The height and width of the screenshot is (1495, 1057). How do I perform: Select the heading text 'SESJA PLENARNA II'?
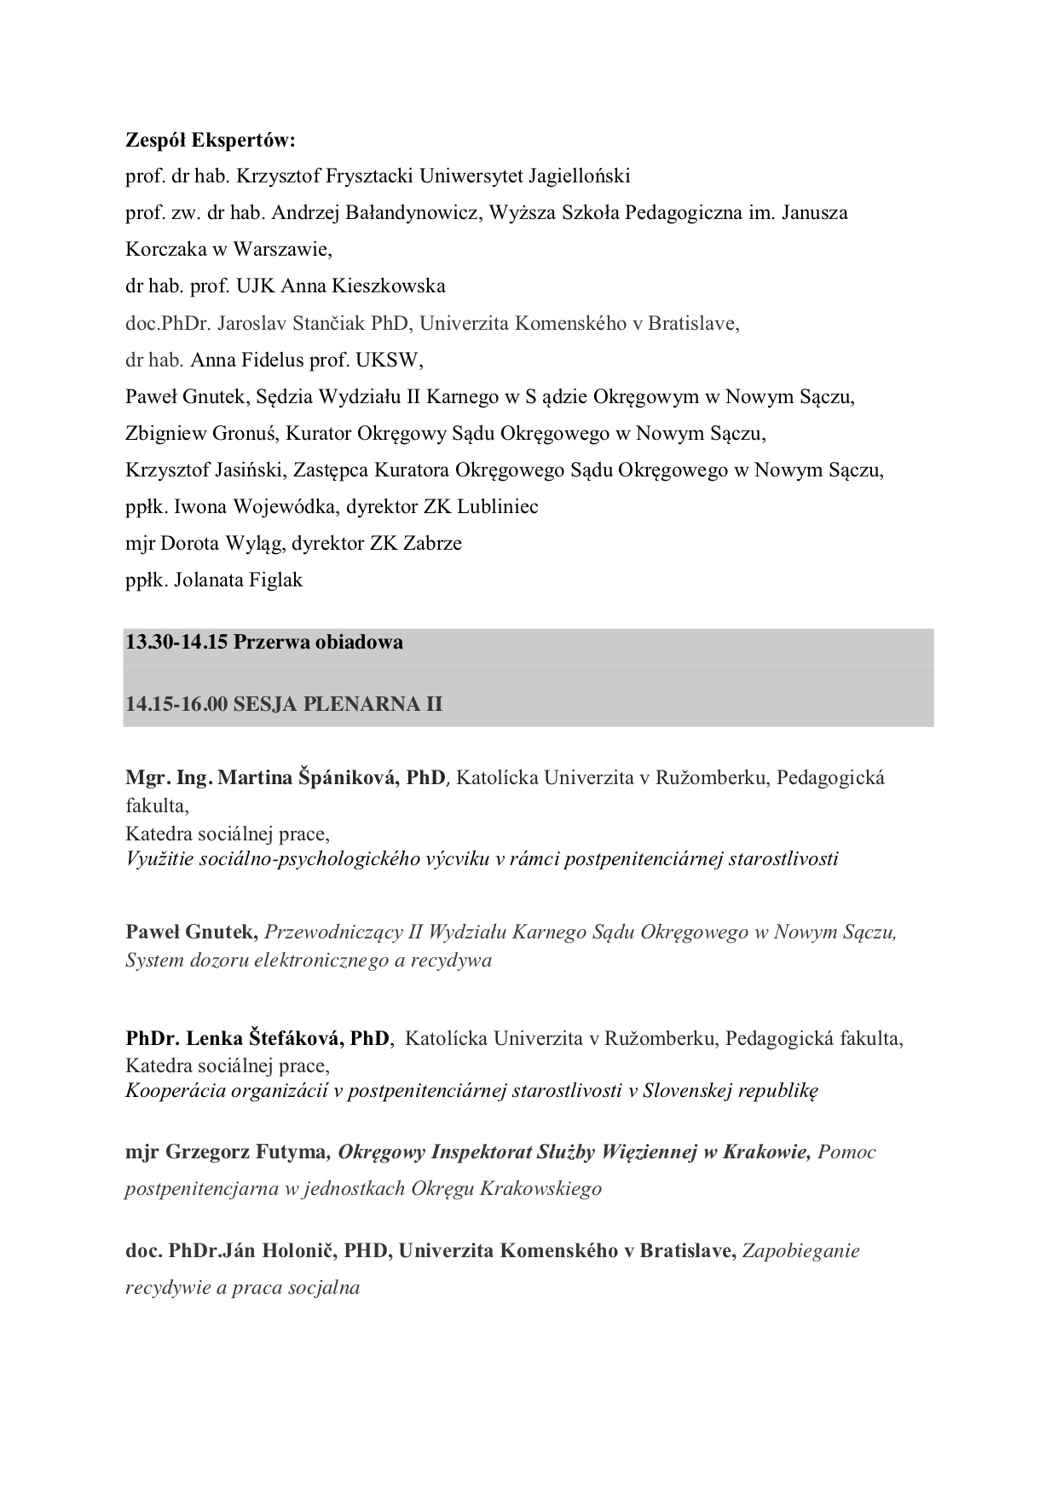click(x=338, y=704)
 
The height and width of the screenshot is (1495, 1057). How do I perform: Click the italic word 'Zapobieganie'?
click(x=801, y=1250)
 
